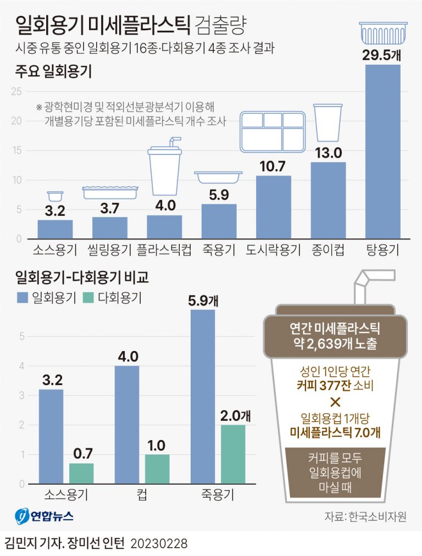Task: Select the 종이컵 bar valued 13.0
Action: coord(328,201)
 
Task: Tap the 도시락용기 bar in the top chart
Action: coord(274,207)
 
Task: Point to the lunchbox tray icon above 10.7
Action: coord(274,132)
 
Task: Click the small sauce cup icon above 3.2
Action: coord(55,196)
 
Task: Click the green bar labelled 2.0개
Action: coord(233,454)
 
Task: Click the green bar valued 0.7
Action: coord(81,473)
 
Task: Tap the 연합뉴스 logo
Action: coord(45,516)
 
